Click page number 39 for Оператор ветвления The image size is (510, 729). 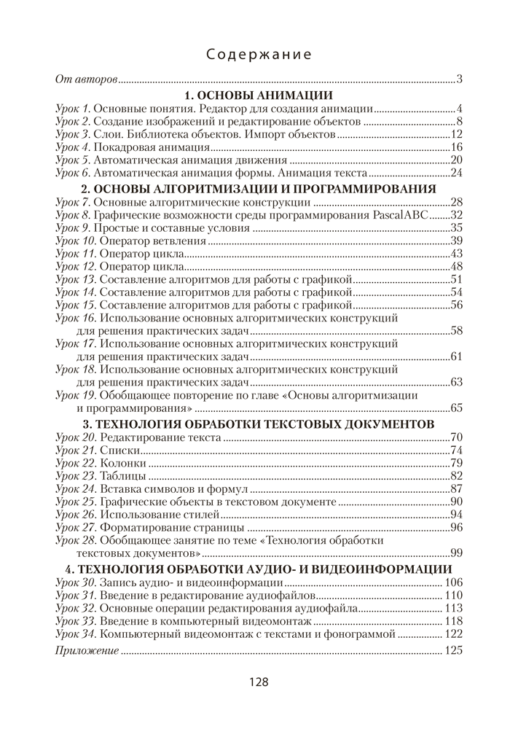(457, 241)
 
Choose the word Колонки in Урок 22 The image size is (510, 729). (123, 463)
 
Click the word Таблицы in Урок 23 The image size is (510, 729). (123, 476)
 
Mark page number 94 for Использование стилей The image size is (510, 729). (457, 515)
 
